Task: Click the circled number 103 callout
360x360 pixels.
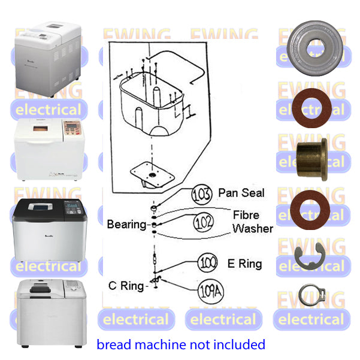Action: tap(202, 195)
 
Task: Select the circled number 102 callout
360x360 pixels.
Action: tap(203, 223)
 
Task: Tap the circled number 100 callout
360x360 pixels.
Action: tap(207, 263)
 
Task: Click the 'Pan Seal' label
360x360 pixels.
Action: tap(241, 193)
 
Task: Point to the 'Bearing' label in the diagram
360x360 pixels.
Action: tap(126, 225)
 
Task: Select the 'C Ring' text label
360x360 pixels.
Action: tap(127, 285)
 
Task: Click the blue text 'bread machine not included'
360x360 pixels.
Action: tap(180, 344)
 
